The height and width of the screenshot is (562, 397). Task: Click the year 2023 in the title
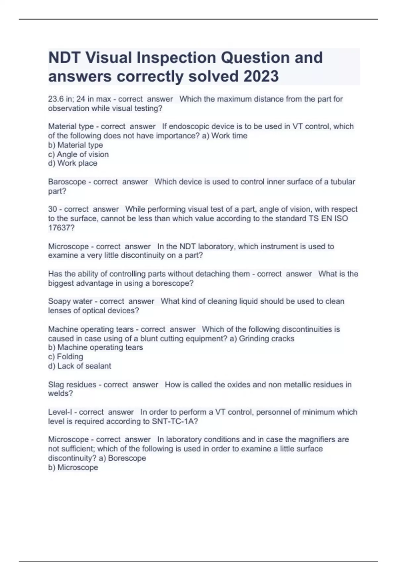click(x=261, y=76)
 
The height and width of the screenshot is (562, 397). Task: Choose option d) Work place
click(x=73, y=163)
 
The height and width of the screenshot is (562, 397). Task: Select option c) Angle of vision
click(x=78, y=154)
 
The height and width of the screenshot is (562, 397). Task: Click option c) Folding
click(x=66, y=357)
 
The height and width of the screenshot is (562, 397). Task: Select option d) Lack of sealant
click(x=79, y=366)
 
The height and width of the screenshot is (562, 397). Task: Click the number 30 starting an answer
click(x=53, y=209)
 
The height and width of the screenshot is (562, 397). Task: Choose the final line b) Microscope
click(x=73, y=467)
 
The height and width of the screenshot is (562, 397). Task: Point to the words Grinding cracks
click(x=266, y=339)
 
